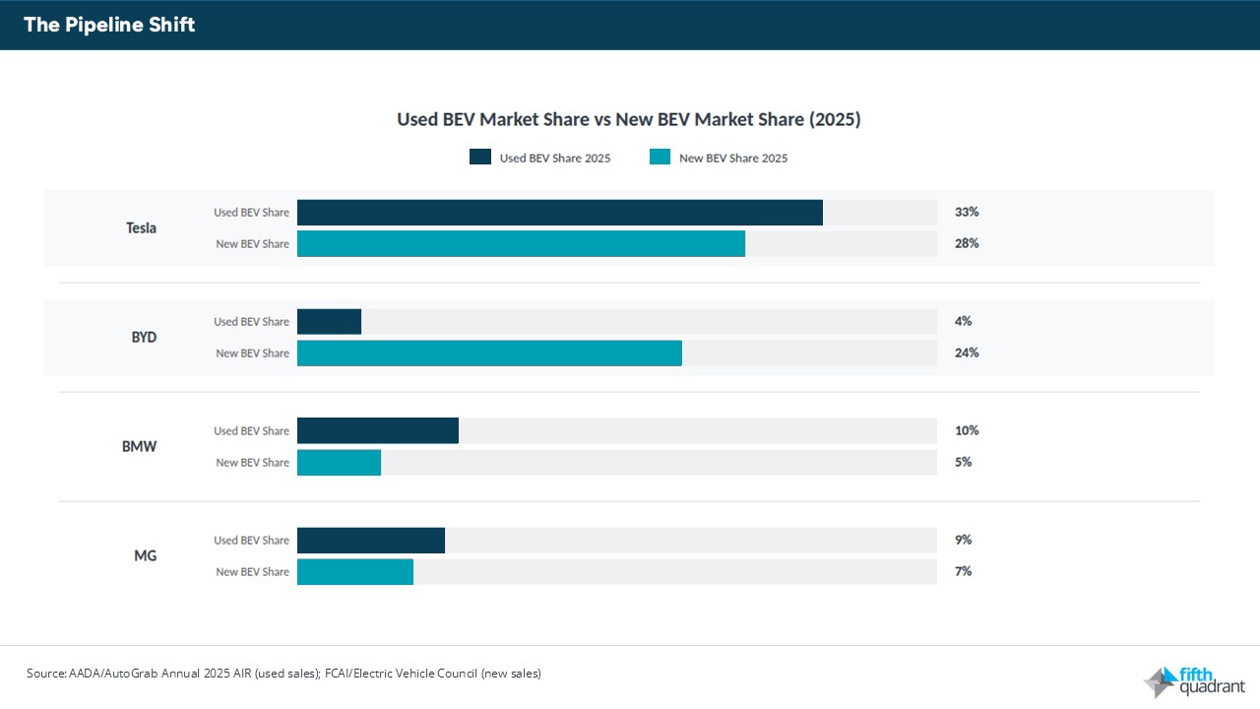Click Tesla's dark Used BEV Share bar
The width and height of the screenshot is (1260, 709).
(559, 213)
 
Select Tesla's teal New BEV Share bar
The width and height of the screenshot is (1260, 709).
(521, 244)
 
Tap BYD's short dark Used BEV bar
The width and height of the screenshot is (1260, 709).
(329, 322)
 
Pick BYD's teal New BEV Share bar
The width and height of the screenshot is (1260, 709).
(489, 354)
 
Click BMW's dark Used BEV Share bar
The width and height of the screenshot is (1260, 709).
(378, 431)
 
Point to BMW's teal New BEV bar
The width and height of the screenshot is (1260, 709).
(339, 463)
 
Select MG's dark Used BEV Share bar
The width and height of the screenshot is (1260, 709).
(371, 541)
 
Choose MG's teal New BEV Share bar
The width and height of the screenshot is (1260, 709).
(355, 572)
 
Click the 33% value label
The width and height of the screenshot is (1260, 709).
(967, 212)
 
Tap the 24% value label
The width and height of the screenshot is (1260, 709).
(967, 353)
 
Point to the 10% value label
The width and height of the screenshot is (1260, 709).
(967, 430)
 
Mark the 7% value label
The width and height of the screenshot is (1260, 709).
(963, 571)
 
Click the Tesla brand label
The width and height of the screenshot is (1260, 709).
(142, 228)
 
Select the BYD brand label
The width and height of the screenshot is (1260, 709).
(144, 338)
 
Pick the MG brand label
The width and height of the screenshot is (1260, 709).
(145, 556)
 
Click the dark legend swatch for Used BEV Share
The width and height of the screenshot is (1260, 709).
(480, 158)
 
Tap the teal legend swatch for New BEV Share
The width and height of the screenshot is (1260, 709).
(660, 158)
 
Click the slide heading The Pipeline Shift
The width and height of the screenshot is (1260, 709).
(109, 26)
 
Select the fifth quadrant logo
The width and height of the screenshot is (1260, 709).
(1193, 681)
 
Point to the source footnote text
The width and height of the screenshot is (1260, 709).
(283, 674)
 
